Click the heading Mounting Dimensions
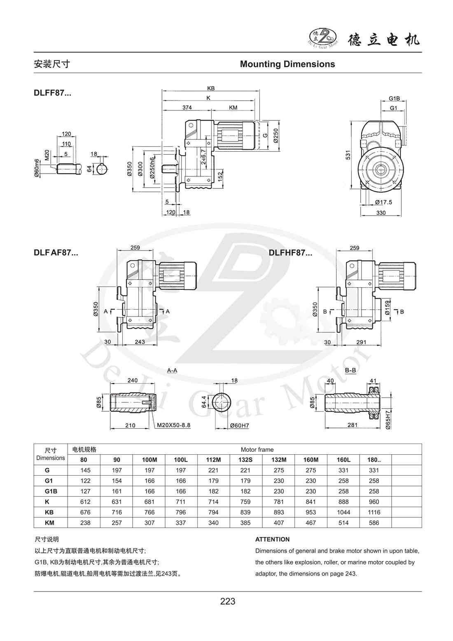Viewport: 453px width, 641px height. coord(287,64)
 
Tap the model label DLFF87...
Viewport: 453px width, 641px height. coord(52,93)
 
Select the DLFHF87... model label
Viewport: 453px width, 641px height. coord(290,253)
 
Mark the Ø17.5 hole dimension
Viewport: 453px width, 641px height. coord(383,202)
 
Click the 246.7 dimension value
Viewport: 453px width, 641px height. coord(203,157)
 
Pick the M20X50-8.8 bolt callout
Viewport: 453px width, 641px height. coord(173,425)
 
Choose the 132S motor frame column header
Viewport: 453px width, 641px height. coord(246,460)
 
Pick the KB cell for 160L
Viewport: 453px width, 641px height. coord(343,512)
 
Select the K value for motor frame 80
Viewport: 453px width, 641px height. coord(84,502)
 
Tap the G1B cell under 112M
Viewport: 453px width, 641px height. coord(214,491)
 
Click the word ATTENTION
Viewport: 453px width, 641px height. coord(272,539)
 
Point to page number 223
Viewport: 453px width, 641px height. coord(228,601)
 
